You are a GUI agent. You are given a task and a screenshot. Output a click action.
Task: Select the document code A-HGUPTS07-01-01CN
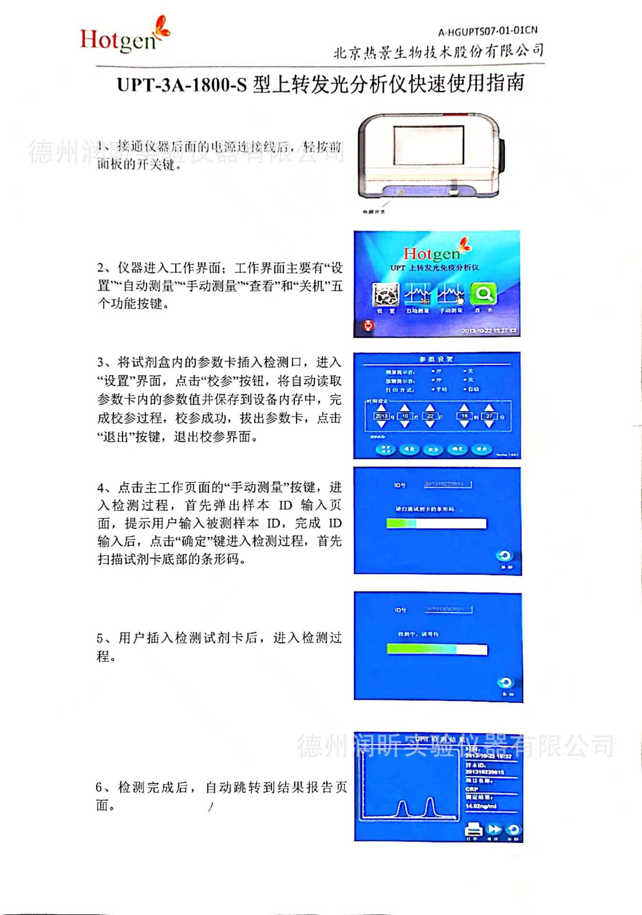coord(487,31)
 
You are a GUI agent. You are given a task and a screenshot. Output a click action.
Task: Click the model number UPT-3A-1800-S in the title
coord(182,85)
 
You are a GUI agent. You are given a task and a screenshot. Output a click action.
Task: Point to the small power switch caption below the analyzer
coord(373,212)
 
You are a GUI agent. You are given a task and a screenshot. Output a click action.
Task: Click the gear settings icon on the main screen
coord(385,295)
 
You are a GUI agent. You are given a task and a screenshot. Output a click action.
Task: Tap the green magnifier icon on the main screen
coord(483,294)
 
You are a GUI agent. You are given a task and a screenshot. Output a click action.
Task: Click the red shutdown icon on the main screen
coord(368,325)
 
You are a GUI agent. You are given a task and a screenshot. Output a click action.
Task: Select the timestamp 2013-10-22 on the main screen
coord(489,330)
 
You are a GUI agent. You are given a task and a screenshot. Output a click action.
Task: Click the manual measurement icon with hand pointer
coord(451,295)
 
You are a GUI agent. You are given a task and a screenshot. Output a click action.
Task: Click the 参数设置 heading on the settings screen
coord(436,359)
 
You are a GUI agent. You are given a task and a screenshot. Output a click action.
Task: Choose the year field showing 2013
coord(382,416)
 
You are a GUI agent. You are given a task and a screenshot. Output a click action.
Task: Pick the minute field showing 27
coord(489,416)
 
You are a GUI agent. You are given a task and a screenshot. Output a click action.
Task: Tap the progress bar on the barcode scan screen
coord(436,524)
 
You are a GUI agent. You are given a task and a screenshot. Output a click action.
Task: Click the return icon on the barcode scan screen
coord(504,556)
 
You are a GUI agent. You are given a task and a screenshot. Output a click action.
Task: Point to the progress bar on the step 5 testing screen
coord(437,649)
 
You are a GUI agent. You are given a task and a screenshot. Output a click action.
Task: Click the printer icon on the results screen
coord(473,830)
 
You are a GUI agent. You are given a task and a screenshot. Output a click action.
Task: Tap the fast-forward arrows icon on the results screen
coord(495,829)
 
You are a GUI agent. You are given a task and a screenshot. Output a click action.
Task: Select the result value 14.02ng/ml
coord(481,806)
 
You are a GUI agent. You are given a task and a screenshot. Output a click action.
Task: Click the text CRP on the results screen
coord(472,789)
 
